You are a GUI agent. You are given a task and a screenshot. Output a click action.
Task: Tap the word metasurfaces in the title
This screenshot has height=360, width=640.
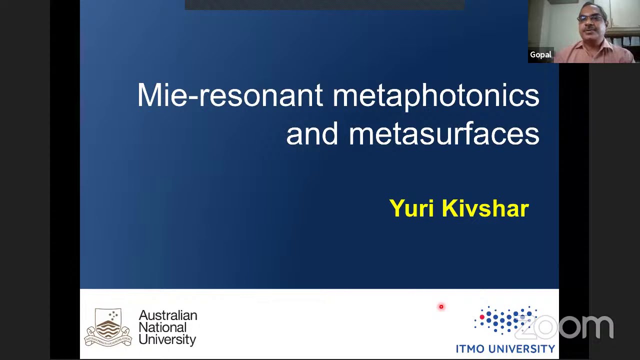click(443, 134)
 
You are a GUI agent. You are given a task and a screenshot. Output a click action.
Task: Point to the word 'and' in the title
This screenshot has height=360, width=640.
click(312, 134)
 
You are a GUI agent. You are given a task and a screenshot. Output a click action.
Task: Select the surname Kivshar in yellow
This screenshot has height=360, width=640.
click(485, 208)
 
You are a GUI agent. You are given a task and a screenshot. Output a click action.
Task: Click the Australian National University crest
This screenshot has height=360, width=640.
click(108, 327)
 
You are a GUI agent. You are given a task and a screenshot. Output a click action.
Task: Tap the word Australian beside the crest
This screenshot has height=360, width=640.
click(167, 315)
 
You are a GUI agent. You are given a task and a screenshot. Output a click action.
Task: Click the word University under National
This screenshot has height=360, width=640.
click(167, 340)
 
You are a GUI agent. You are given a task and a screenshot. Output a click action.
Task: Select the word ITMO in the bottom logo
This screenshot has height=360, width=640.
click(470, 349)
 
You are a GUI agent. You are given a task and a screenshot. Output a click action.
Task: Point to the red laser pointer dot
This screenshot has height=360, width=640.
click(441, 307)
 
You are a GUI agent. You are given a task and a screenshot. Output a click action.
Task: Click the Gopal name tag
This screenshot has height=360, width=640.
click(540, 54)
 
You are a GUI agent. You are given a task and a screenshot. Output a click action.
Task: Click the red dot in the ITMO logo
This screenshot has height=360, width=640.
click(482, 317)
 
